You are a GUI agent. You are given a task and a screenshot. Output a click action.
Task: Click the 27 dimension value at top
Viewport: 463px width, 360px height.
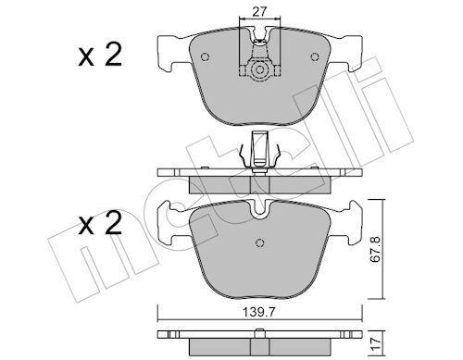[259, 12]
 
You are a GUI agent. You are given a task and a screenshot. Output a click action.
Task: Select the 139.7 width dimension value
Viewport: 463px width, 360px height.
[258, 312]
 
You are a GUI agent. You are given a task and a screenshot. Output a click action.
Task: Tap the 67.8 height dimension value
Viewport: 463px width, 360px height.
[375, 249]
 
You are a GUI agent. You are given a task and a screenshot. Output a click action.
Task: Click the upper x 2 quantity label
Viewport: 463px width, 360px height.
[100, 55]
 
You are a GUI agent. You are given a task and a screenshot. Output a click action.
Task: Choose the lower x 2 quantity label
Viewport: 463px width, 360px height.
[100, 223]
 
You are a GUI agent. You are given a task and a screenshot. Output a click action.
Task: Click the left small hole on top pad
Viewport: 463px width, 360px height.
[206, 57]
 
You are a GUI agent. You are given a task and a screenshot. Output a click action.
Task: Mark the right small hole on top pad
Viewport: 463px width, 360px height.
[315, 57]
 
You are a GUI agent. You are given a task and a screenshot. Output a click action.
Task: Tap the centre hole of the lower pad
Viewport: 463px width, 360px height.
[260, 243]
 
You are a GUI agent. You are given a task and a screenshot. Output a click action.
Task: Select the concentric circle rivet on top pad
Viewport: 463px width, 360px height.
[259, 70]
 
